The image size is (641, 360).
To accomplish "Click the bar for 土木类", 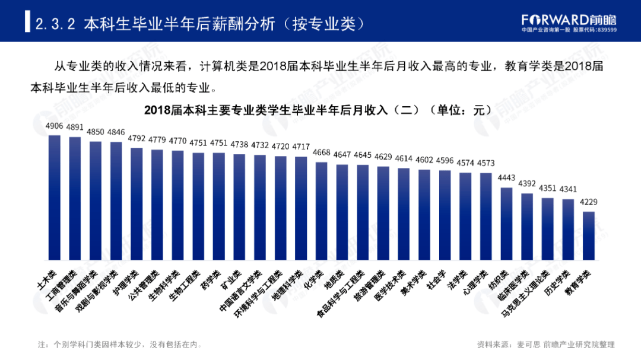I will coord(55,197).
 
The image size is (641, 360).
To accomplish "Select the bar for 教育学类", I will coord(589,235).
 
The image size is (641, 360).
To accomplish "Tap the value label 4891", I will coord(75,127).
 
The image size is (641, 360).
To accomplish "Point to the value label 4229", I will coord(589,202).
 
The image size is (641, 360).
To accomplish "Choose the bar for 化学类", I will coord(322,211).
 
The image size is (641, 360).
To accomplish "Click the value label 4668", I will coord(322,153).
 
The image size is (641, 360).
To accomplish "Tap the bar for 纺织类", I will coord(506,224).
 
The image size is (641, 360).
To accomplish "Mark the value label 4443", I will coord(506,178).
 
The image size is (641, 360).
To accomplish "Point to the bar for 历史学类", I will coord(568,230).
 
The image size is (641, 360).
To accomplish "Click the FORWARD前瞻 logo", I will coord(569,21).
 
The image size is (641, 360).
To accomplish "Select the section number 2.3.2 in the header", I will coord(54,24).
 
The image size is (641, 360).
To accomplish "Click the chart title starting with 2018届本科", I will coord(318,110).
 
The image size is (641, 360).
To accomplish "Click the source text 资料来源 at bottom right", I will coord(545,344).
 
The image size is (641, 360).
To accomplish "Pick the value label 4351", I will coord(547,189).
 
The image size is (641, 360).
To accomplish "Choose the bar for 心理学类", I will coord(486,216).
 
